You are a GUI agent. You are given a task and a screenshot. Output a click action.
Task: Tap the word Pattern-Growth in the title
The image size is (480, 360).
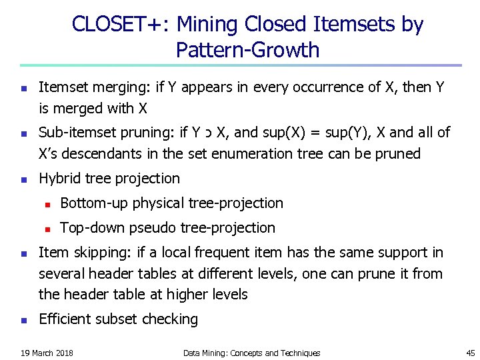[248, 50]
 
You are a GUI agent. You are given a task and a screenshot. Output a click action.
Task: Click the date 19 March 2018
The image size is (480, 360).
[47, 353]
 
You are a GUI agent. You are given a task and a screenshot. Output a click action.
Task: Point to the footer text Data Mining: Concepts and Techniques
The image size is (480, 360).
[251, 353]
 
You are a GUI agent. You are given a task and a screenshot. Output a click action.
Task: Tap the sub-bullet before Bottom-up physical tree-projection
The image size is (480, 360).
[47, 203]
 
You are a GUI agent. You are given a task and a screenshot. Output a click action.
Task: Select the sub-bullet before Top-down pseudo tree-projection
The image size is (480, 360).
[47, 228]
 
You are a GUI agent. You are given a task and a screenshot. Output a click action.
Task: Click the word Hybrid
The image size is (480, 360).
[59, 179]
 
